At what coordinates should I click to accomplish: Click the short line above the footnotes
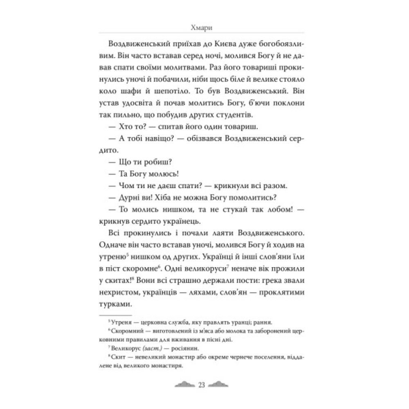point(116,315)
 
